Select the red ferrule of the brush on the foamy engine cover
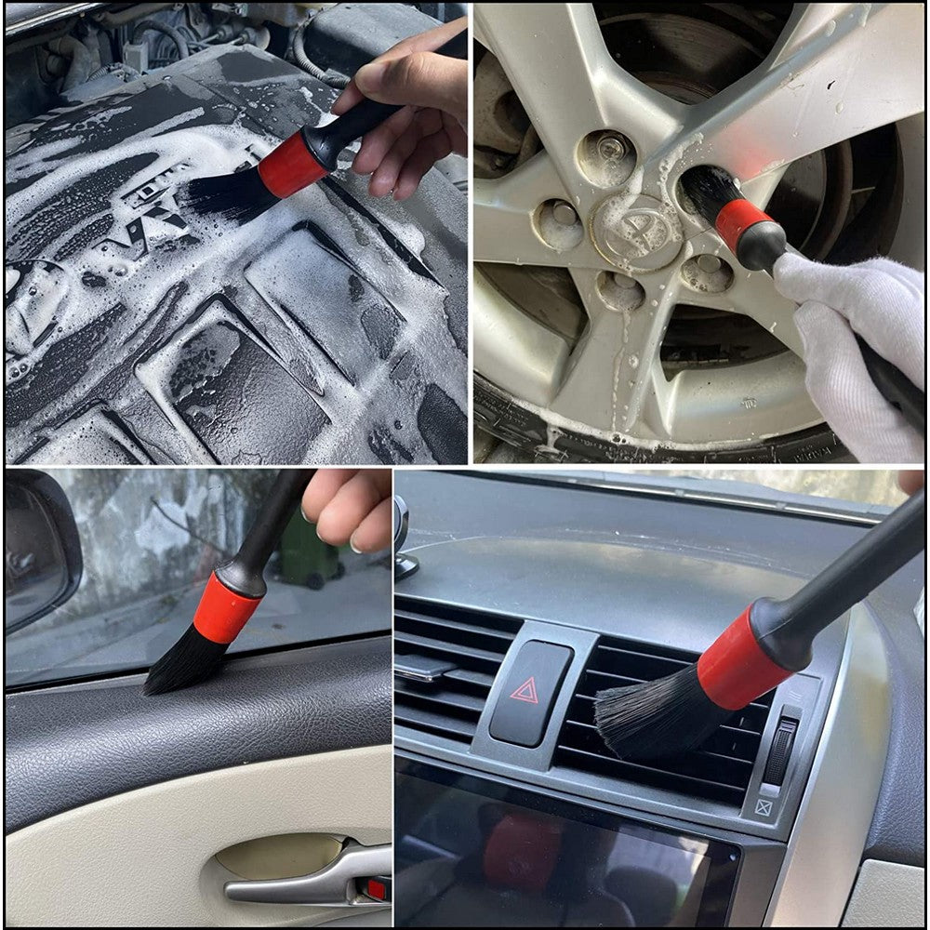click(x=291, y=166)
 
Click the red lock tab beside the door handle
click(x=376, y=888)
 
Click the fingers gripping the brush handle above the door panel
click(x=349, y=507)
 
